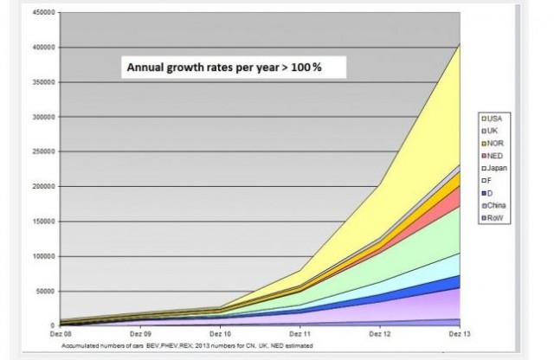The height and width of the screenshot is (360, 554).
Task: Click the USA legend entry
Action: click(493, 118)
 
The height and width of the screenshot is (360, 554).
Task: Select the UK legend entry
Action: click(492, 130)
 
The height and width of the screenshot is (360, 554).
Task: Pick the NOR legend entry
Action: click(493, 142)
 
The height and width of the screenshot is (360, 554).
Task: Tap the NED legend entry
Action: click(493, 155)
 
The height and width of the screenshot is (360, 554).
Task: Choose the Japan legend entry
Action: click(496, 167)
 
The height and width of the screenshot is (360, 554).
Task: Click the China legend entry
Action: click(495, 205)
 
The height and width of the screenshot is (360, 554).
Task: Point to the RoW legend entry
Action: click(493, 218)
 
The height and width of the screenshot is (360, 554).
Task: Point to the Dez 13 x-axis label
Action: click(459, 334)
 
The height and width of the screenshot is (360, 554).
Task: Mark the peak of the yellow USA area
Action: click(460, 43)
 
